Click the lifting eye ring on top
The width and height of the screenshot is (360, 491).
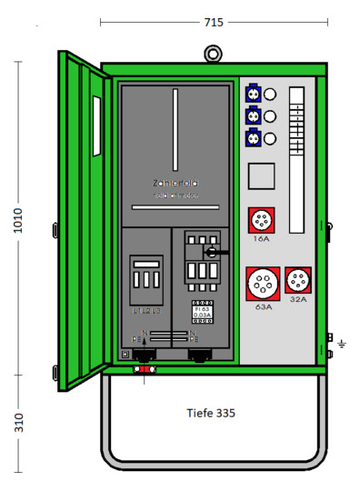tap(213, 52)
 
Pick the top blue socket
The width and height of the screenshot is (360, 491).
tap(253, 93)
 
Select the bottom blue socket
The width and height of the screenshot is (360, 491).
tap(253, 138)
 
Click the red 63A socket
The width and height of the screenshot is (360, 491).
tap(261, 284)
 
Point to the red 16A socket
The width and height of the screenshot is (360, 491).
tap(262, 221)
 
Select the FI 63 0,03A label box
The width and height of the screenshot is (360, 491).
tap(202, 311)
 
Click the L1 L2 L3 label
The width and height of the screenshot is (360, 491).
tap(145, 311)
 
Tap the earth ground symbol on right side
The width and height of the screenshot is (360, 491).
tap(342, 343)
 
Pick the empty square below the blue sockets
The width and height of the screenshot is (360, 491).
tap(262, 176)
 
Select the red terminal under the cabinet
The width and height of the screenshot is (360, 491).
tap(143, 370)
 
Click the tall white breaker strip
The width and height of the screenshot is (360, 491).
tap(297, 159)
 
